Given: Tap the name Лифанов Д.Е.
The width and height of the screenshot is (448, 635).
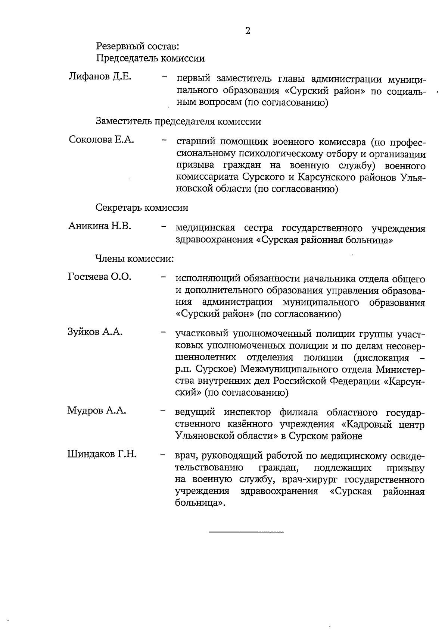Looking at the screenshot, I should [100, 77].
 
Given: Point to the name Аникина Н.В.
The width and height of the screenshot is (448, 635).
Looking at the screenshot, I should [100, 226].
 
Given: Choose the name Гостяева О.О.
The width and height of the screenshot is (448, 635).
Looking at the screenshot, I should [100, 277].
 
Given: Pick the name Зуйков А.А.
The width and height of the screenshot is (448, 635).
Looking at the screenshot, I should [95, 332].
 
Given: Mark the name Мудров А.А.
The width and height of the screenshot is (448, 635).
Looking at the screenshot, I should [97, 411].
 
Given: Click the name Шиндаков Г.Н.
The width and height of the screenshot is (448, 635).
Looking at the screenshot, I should [102, 455].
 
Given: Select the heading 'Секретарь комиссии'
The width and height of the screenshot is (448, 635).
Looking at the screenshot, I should [142, 208].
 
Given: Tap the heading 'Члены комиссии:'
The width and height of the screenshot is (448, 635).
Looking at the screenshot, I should [135, 258].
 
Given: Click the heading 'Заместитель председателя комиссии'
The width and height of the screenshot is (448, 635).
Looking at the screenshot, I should [178, 122].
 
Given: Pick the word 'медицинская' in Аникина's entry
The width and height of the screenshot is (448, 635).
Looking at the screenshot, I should [205, 228].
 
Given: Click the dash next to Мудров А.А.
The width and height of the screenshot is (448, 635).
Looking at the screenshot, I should [163, 412].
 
